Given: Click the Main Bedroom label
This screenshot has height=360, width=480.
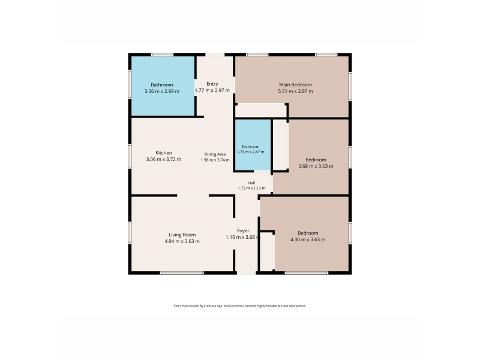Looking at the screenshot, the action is pyautogui.click(x=295, y=85).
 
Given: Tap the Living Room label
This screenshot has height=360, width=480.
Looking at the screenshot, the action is pyautogui.click(x=182, y=235).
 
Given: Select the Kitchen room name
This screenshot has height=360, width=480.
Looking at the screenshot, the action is pyautogui.click(x=164, y=153).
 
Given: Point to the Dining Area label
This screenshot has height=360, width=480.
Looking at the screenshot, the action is pyautogui.click(x=215, y=154).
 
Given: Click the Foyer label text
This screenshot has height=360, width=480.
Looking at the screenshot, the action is pyautogui.click(x=243, y=230).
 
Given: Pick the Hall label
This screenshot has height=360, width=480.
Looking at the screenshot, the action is pyautogui.click(x=251, y=183).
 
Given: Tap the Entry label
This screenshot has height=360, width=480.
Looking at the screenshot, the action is pyautogui.click(x=212, y=84).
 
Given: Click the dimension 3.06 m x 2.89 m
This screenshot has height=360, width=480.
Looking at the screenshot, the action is pyautogui.click(x=162, y=91).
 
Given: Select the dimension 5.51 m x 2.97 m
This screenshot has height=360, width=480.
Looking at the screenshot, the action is pyautogui.click(x=295, y=91).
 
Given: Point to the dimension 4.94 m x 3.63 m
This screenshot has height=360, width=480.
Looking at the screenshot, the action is pyautogui.click(x=182, y=241).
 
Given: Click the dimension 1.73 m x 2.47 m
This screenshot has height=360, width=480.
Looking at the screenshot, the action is pyautogui.click(x=251, y=152).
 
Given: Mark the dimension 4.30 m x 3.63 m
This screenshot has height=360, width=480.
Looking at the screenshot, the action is pyautogui.click(x=308, y=239).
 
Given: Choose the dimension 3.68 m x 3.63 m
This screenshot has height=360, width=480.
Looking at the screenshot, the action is pyautogui.click(x=316, y=166).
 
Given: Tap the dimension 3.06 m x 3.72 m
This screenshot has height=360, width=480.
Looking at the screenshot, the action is pyautogui.click(x=164, y=159).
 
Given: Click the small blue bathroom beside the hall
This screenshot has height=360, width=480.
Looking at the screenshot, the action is pyautogui.click(x=253, y=145).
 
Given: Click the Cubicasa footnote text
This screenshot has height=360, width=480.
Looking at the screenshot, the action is pyautogui.click(x=240, y=306).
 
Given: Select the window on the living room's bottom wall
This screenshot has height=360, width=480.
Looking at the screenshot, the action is pyautogui.click(x=182, y=273).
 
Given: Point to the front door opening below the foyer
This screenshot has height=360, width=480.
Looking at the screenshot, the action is pyautogui.click(x=247, y=273).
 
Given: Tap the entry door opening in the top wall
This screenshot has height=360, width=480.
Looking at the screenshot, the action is pyautogui.click(x=215, y=55).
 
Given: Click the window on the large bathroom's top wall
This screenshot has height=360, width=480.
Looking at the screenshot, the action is pyautogui.click(x=162, y=55).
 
